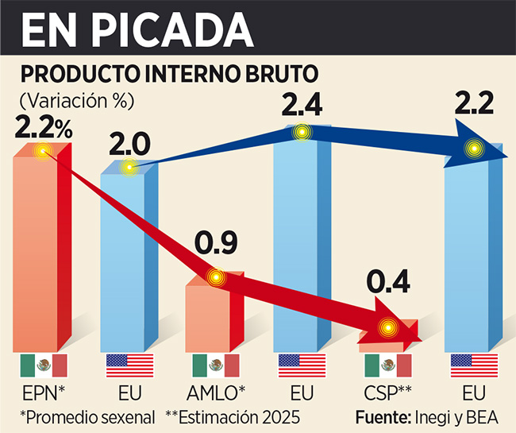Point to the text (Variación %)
point(77,100)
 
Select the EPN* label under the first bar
point(43,392)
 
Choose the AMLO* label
point(215,392)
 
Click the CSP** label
point(387,392)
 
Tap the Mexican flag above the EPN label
point(43,365)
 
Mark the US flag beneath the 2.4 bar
point(302,365)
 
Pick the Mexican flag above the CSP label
point(387,365)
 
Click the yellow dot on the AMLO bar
point(215,277)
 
